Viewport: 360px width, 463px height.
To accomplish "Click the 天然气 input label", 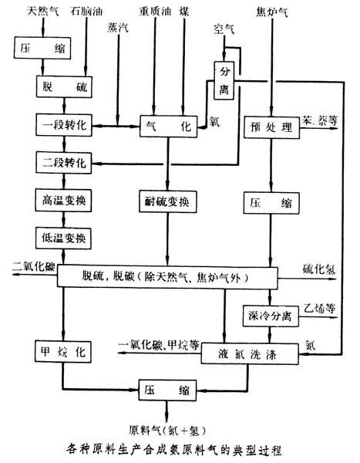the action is coord(43,12).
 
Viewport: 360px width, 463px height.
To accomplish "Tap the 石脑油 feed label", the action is coord(86,12).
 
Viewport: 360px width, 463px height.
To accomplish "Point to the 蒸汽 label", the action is coord(118,28).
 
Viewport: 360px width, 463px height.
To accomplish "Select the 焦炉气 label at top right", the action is coord(272,12).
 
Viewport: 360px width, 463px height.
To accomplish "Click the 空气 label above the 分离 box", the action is coord(224,29).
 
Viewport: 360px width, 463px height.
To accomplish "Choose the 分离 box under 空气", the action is coord(224,80).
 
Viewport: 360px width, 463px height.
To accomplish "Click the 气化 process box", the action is coord(169,126).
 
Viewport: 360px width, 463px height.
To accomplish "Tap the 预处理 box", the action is coord(271,127).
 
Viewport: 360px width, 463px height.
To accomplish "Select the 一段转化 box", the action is coord(64,125).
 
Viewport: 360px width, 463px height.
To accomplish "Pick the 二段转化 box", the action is coord(64,162).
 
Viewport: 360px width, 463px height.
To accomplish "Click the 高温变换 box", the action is coord(63,200).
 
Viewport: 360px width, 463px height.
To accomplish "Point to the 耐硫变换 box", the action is coord(167,201).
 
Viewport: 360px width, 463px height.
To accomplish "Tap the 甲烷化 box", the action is coord(63,351).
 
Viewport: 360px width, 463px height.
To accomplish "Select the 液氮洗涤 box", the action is coord(250,353).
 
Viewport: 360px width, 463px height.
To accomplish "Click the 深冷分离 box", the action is coord(271,316).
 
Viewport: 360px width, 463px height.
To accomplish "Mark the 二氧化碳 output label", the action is coord(34,267).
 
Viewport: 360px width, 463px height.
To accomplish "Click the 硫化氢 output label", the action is coord(319,269).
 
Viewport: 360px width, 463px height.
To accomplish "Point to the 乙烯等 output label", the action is coord(320,309).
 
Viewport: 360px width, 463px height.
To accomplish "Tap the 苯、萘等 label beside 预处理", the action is coord(319,121).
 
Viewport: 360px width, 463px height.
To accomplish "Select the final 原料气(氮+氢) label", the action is coord(167,431).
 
